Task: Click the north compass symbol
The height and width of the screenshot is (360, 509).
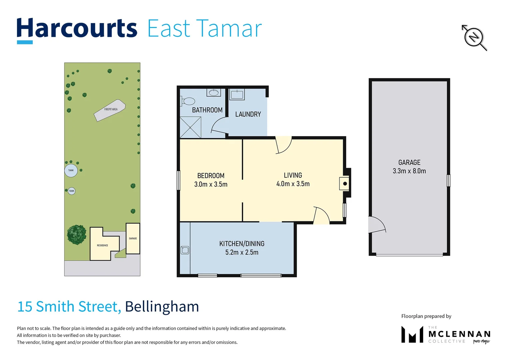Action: [x=474, y=37]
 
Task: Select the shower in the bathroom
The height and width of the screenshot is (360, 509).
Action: [x=190, y=127]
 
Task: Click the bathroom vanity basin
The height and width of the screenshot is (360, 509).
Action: [x=213, y=92]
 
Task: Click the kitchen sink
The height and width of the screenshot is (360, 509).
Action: [x=185, y=250]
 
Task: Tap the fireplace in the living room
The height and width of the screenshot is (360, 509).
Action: [x=344, y=184]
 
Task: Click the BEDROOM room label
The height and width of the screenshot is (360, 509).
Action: [x=211, y=176]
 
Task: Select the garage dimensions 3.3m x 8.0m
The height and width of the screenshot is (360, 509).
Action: [x=409, y=171]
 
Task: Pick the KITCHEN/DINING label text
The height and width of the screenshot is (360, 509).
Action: [x=242, y=244]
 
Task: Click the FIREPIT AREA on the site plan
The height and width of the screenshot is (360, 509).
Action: [x=110, y=110]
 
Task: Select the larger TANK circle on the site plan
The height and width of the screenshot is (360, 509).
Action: [x=71, y=170]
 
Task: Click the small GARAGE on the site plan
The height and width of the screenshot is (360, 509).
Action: [x=133, y=238]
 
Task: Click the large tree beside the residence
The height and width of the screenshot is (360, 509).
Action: [x=77, y=235]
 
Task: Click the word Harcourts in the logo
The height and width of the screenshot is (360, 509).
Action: [x=77, y=29]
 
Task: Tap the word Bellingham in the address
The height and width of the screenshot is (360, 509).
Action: [x=162, y=307]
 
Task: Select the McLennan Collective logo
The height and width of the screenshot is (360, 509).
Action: [x=445, y=334]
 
